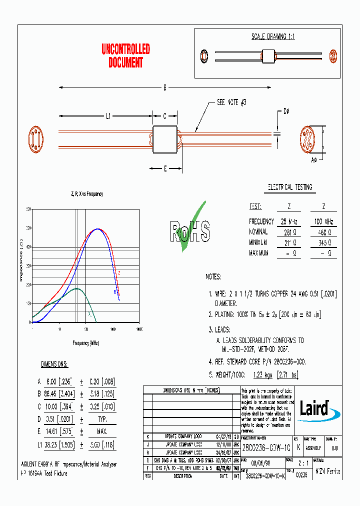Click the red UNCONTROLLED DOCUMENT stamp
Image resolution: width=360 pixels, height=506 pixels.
point(125,56)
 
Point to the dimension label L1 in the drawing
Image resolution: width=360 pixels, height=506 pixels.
point(107,116)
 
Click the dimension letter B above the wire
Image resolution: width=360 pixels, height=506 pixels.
point(164,88)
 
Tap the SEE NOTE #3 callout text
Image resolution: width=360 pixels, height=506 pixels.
point(231,102)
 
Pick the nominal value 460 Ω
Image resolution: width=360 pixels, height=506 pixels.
point(323,232)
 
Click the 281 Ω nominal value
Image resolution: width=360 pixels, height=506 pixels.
point(289,232)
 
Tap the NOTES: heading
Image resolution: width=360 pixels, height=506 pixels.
point(213,276)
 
